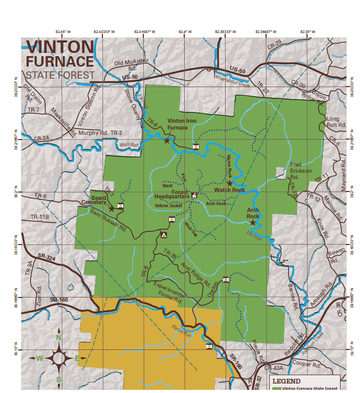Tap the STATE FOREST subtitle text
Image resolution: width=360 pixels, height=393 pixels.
pos(60,75)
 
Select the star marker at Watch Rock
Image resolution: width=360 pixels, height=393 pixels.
pos(230,183)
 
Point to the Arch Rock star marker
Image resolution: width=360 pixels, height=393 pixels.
pos(253,222)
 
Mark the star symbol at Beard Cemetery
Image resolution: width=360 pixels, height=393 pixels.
pos(111,208)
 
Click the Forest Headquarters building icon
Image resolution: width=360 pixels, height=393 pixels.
pos(194,195)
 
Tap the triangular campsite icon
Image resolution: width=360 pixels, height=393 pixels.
pos(164,235)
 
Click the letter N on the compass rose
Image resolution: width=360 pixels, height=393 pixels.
pos(59,337)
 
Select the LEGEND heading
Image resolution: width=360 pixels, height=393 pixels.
pos(287,381)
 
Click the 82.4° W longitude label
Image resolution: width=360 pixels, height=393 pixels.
pos(185,32)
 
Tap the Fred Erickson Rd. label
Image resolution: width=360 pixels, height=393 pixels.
pos(301,171)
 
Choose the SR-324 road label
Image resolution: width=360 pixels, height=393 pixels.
pos(47,258)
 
